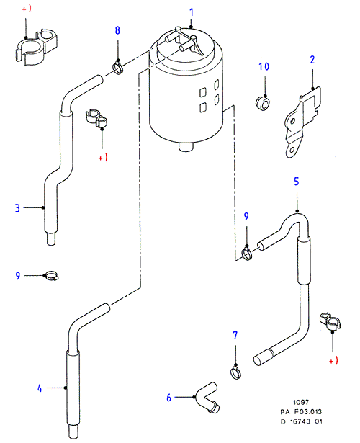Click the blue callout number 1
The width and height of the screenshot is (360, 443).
pos(192,12)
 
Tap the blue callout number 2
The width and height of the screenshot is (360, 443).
pos(312,60)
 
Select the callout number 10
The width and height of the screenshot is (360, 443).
pos(264,67)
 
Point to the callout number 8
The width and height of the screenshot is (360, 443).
pos(117,30)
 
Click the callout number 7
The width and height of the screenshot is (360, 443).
pos(235,336)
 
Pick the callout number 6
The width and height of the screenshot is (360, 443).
pos(169,398)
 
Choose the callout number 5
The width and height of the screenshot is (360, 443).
pos(296,182)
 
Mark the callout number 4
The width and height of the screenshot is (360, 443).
pos(40,388)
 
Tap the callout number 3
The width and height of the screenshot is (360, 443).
pos(17,208)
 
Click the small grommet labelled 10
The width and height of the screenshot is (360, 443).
pos(263,104)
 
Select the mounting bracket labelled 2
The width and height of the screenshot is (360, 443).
pos(302,122)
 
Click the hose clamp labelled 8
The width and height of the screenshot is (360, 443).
pos(117,68)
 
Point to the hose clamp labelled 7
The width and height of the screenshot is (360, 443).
pos(235,372)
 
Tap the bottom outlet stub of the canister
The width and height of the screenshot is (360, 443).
pos(186,147)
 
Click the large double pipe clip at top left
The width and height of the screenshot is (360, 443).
pos(36,47)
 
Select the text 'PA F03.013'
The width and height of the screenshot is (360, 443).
pos(301,412)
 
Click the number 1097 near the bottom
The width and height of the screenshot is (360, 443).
pos(301,402)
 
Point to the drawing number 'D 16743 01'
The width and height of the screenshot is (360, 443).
pos(301,421)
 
